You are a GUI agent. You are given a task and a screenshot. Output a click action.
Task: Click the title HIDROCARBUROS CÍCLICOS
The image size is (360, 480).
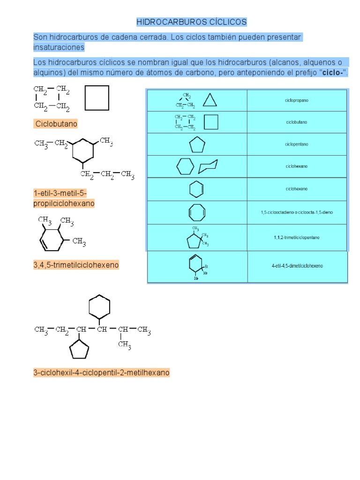pos(191,22)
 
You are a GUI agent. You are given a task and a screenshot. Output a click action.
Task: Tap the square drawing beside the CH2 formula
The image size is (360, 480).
pos(97,97)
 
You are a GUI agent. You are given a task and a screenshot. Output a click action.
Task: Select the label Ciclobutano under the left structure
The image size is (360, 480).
pos(56,124)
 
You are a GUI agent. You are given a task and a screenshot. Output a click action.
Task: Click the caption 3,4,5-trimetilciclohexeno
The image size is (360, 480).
pos(76,265)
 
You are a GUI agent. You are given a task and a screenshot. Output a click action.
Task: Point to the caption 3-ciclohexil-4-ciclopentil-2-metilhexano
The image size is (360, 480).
pos(101,373)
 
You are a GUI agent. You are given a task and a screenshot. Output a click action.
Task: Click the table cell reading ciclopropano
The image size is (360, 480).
pos(297,100)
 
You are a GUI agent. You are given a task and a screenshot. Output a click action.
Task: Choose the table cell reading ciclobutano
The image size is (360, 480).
pos(297,122)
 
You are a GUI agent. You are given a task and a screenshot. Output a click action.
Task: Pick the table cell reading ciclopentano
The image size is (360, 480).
pos(297,144)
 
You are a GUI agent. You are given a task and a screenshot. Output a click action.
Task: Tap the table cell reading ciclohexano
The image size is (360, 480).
pos(297,166)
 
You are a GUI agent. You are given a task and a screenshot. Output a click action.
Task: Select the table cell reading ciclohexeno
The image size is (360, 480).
pos(297,189)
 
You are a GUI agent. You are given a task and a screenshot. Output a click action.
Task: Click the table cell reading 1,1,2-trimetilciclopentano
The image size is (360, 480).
pos(297,238)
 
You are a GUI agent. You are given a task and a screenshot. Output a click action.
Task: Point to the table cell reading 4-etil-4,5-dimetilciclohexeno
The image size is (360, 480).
pos(297,266)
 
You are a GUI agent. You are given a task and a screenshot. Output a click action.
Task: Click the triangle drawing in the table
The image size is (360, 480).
pos(210,100)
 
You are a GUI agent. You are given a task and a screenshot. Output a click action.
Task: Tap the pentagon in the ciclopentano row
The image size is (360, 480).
pos(197,145)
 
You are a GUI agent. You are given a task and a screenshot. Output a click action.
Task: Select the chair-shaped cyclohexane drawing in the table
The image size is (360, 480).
pos(208,166)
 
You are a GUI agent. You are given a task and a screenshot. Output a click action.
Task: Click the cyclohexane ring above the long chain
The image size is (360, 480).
pos(99,307)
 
